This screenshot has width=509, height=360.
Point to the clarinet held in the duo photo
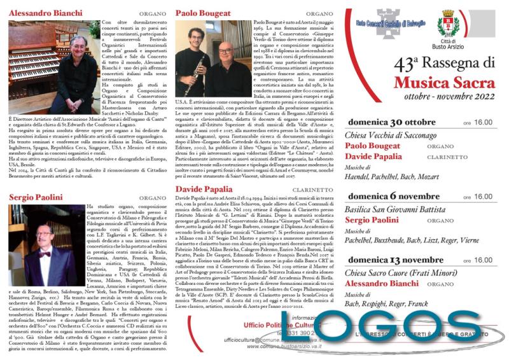click(199, 73)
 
